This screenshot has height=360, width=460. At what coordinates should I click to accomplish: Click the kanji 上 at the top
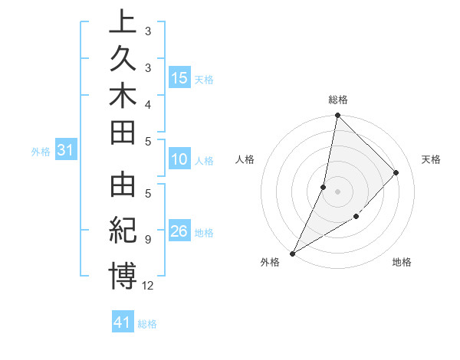pos(123,24)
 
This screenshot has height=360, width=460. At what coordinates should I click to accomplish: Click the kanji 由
pos(123,188)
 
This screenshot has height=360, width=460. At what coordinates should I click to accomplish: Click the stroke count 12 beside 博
pos(148,285)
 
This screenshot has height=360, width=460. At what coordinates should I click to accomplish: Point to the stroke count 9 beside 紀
pos(147,240)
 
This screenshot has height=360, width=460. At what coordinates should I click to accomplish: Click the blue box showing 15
pos(179,78)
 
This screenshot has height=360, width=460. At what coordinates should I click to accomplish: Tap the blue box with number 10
pos(179,160)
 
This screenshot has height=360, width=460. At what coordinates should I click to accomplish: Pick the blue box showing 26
pos(179,232)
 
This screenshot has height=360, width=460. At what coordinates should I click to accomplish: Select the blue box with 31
pos(66,151)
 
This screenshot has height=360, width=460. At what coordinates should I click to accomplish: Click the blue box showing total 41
pos(123,323)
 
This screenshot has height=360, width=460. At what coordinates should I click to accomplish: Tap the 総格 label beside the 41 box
pos(147,324)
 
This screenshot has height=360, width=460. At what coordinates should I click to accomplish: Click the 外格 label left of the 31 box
pos(41,152)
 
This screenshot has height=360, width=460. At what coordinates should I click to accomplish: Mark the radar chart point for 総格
pos(337,115)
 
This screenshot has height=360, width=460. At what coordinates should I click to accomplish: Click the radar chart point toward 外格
pos(292,253)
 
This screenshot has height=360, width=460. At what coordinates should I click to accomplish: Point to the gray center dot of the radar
pos(337,191)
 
